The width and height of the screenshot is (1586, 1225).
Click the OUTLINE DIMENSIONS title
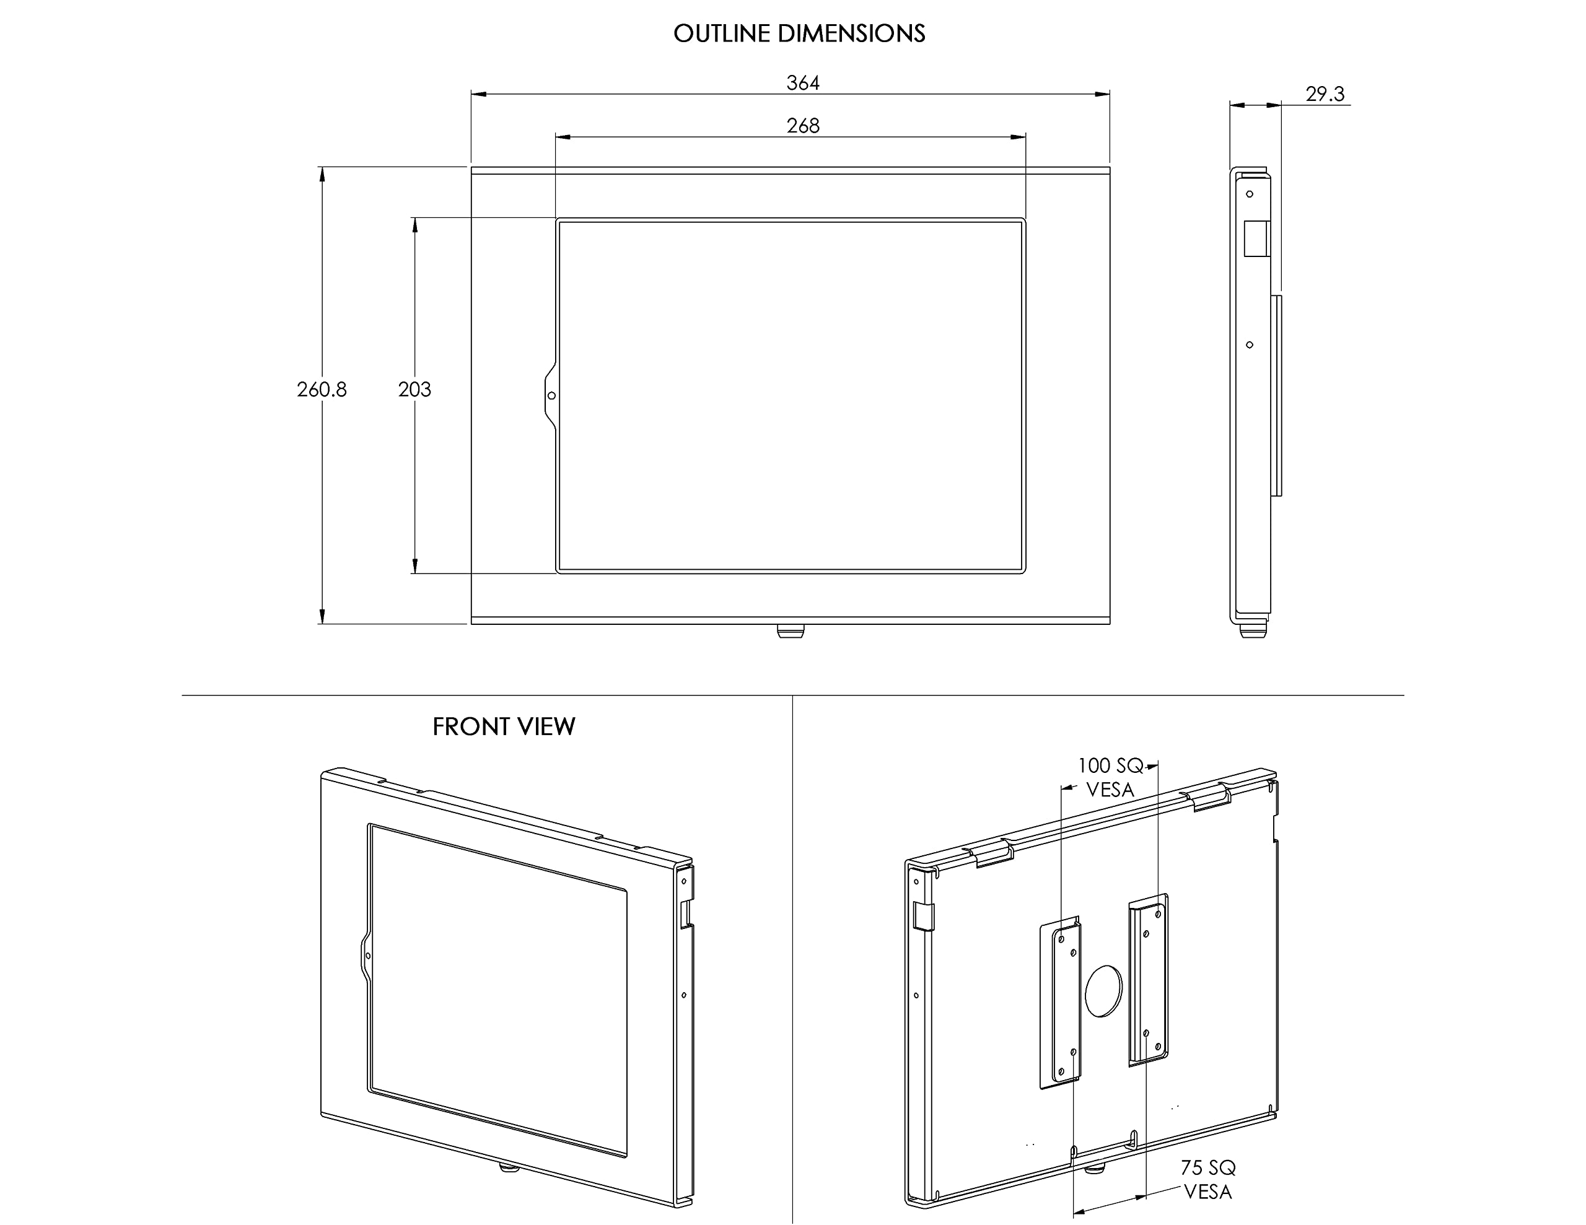pos(799,33)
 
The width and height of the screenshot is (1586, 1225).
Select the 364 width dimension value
pos(802,83)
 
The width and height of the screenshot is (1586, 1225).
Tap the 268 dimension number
pos(802,126)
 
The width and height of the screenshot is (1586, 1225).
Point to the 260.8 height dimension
pos(322,390)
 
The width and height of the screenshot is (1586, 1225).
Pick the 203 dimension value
pos(414,390)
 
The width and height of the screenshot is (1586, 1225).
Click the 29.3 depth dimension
pos(1325,94)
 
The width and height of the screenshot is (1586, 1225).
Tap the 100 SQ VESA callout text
pos(1110,777)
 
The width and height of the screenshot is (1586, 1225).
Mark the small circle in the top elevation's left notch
pos(552,396)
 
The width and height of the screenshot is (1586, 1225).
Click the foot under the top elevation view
pos(790,631)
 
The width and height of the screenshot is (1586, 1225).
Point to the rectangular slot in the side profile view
pos(1256,238)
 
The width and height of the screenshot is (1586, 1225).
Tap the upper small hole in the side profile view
pos(1250,194)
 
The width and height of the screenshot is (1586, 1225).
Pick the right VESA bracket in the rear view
pos(1148,980)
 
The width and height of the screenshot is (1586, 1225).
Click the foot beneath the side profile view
pos(1253,632)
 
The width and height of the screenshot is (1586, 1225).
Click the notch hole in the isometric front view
pos(368,956)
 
